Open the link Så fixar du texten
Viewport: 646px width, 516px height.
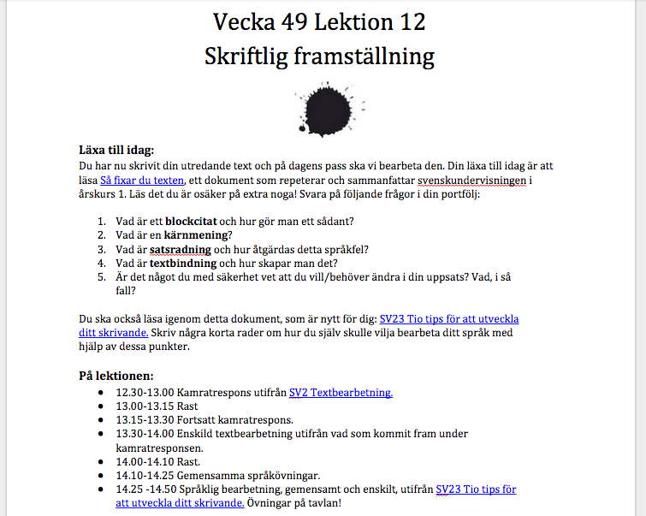click(142, 180)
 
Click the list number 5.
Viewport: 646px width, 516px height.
click(102, 277)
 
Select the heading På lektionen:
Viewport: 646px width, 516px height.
click(116, 376)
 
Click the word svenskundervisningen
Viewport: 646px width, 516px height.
click(475, 180)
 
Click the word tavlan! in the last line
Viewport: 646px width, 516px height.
click(324, 503)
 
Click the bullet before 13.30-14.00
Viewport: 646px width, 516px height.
click(104, 434)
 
